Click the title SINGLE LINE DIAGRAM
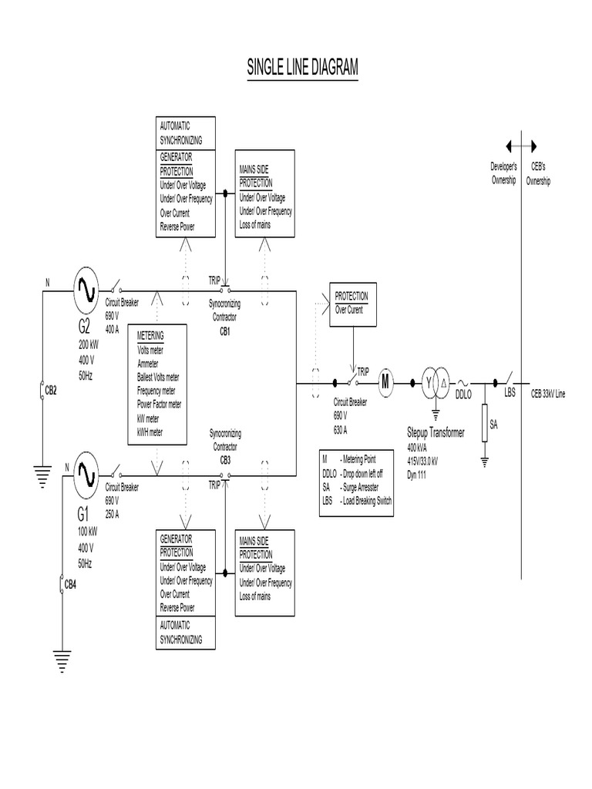[302, 67]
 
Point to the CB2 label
[51, 391]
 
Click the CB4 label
[70, 585]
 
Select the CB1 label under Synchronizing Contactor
[225, 332]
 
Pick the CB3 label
[225, 461]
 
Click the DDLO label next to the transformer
[463, 395]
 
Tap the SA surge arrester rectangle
[485, 423]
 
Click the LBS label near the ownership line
[510, 393]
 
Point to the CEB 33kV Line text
[548, 394]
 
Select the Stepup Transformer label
[436, 433]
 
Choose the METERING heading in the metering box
[150, 336]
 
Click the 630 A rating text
[340, 430]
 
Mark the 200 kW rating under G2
[89, 345]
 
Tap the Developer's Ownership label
[504, 173]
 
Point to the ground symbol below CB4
[62, 662]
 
